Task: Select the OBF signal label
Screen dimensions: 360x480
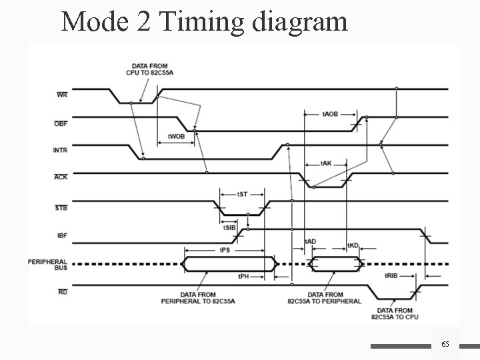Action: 60,123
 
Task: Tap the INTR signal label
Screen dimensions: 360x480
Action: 60,150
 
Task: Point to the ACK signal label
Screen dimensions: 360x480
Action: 60,177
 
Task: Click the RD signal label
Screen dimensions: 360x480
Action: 62,291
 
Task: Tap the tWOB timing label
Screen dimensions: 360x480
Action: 176,136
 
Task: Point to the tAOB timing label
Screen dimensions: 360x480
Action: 330,114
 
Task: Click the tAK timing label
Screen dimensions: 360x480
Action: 327,163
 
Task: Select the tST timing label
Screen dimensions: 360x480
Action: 243,194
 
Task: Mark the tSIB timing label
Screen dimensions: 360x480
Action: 229,227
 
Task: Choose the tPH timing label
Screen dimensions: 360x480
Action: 244,276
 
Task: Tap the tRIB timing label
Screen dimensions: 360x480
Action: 391,276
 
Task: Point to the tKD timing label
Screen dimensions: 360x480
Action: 353,245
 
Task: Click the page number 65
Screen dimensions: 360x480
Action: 445,343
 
